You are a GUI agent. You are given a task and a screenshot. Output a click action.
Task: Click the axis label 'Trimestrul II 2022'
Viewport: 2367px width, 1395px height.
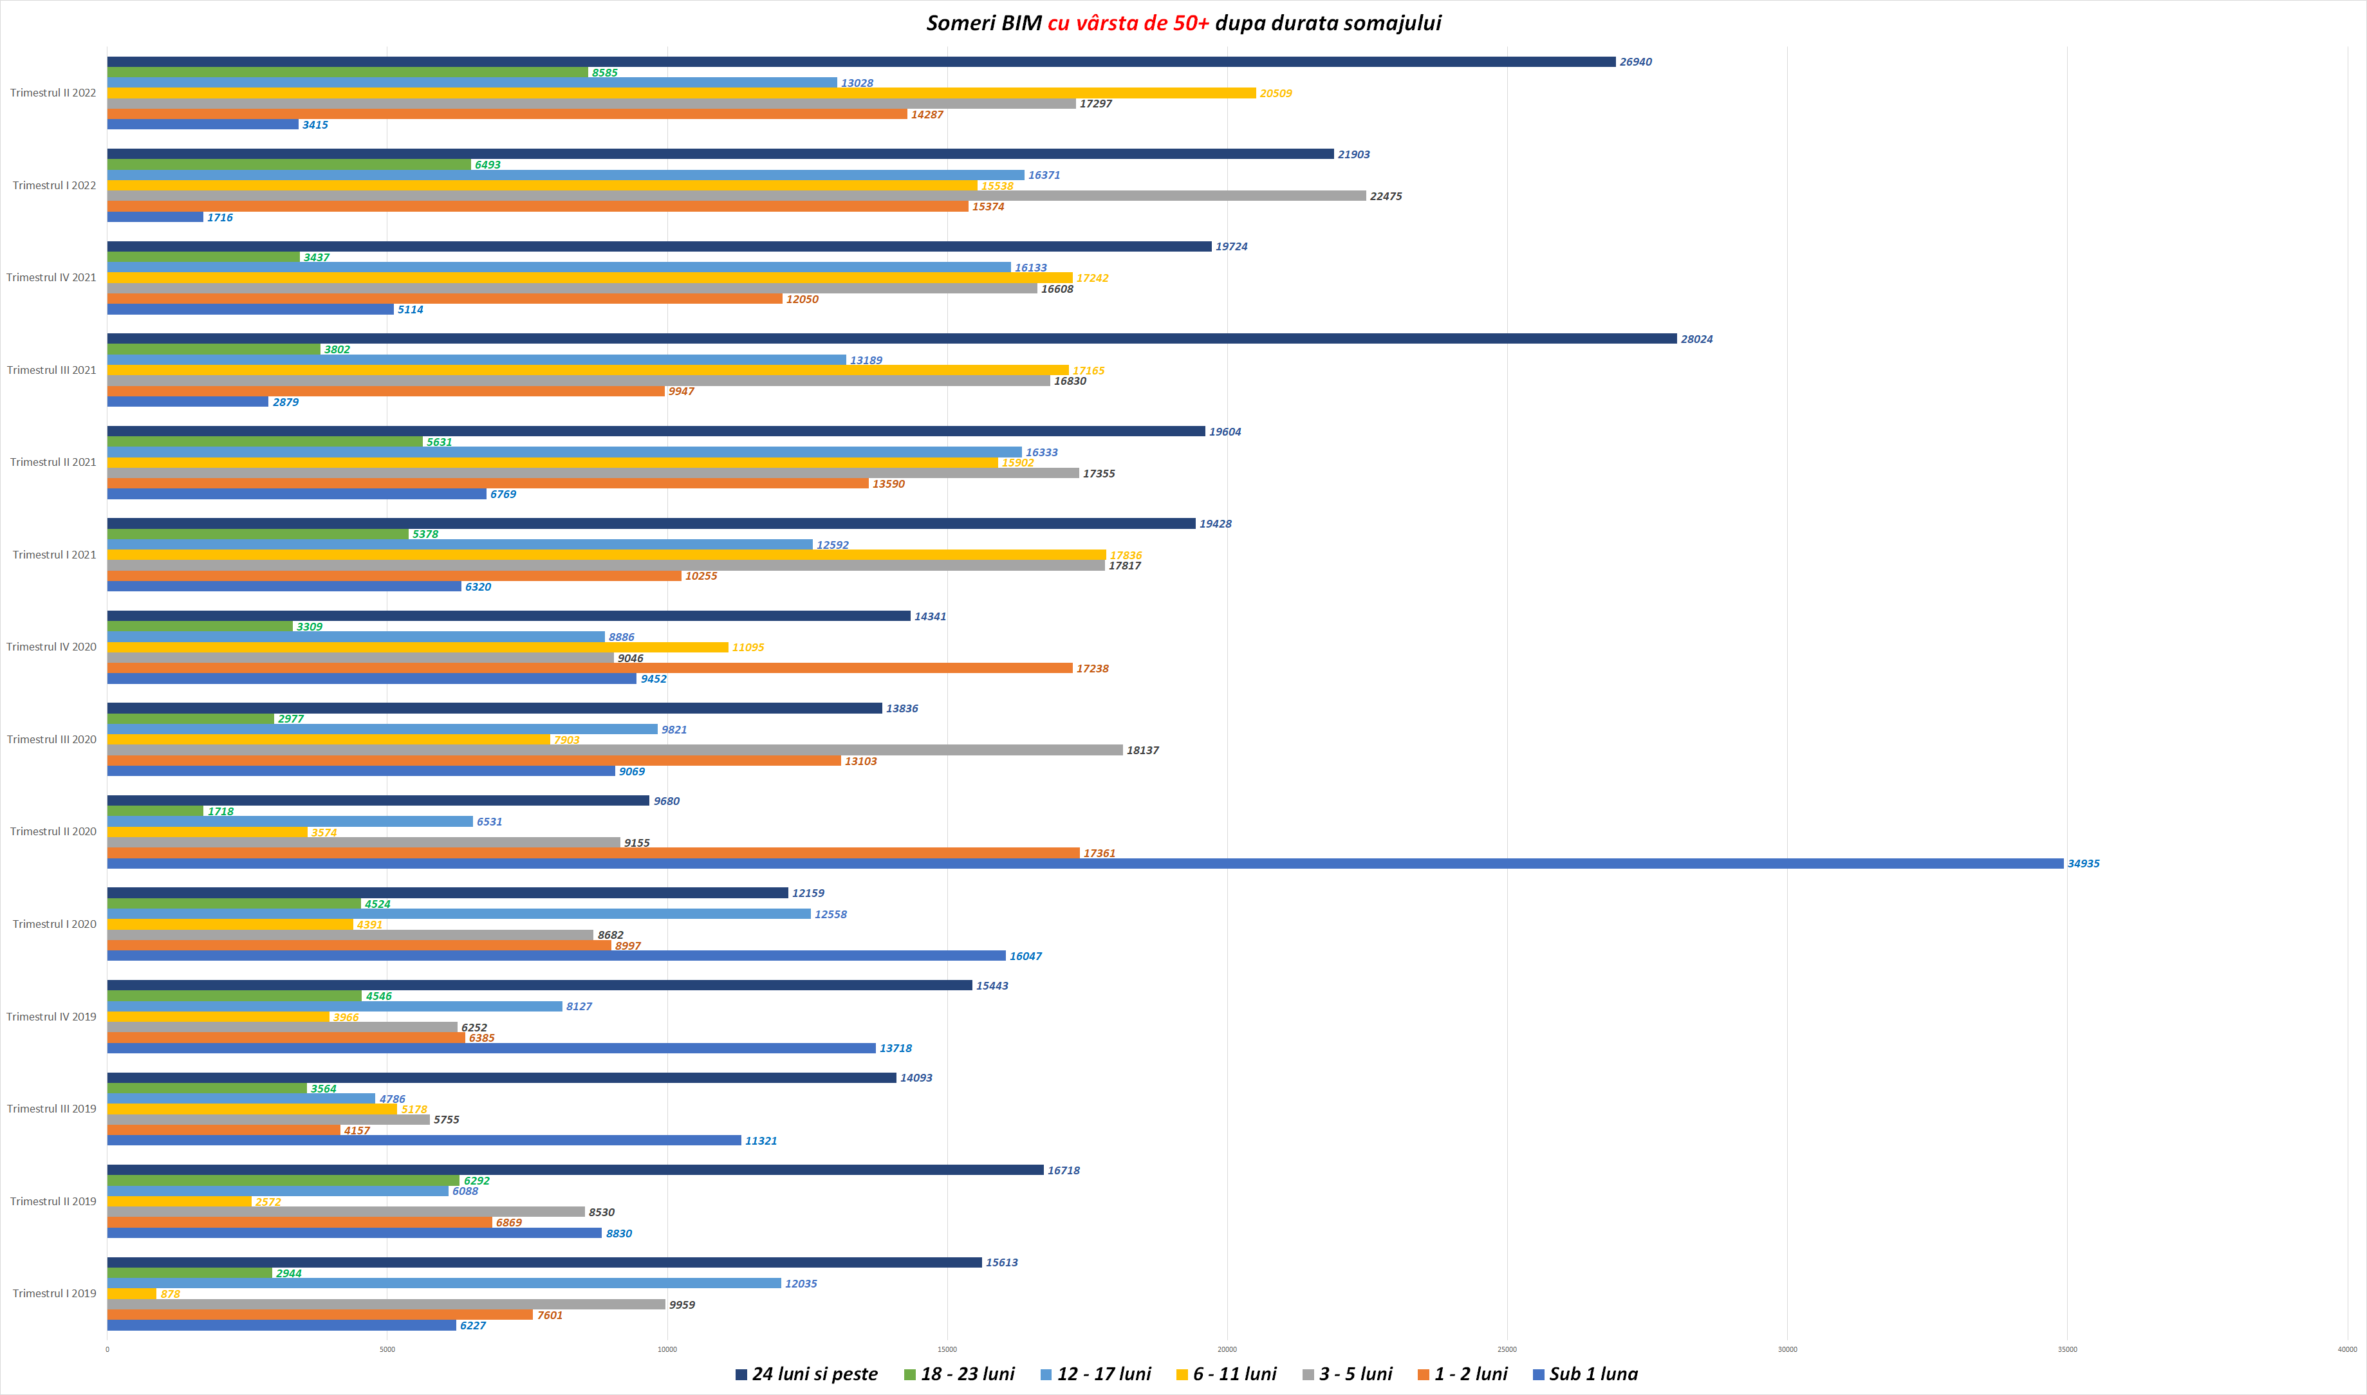[x=53, y=93]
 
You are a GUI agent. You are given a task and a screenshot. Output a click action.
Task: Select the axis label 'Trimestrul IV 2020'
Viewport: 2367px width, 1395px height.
[x=51, y=647]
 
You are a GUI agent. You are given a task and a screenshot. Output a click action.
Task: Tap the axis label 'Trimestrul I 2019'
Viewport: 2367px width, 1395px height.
[x=53, y=1293]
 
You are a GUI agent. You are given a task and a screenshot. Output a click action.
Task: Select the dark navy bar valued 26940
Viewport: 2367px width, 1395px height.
[x=860, y=62]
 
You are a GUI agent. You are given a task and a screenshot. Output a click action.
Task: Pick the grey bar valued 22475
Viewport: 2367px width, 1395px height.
[x=736, y=196]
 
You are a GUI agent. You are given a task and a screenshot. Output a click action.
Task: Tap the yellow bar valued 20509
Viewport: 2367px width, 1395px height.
[x=681, y=93]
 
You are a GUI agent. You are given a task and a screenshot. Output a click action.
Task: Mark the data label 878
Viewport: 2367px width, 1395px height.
[x=170, y=1295]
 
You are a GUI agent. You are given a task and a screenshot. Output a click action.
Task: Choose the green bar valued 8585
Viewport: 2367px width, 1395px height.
[x=347, y=72]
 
